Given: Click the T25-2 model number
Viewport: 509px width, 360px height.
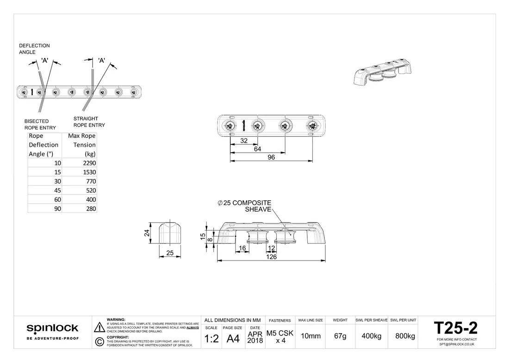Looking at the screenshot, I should [x=456, y=328].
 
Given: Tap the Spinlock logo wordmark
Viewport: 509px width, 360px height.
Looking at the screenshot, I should [x=52, y=329].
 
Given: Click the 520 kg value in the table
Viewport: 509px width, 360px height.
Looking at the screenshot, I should [x=91, y=190].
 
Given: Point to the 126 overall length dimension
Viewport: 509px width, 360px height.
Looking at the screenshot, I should [x=272, y=257].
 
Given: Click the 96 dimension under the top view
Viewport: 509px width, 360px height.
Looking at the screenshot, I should [x=271, y=157].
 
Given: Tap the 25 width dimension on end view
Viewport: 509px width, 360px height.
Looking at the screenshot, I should [x=169, y=253].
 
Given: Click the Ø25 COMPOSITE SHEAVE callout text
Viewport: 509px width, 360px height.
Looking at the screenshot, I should [x=245, y=206].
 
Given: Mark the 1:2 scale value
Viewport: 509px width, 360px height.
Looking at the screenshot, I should [x=211, y=339].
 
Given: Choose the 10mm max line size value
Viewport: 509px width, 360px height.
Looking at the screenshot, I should [x=310, y=336].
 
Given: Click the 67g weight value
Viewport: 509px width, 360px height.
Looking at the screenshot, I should [x=340, y=336].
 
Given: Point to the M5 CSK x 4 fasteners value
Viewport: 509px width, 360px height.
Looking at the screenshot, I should [x=280, y=336].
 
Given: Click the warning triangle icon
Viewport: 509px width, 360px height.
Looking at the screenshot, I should [x=99, y=327].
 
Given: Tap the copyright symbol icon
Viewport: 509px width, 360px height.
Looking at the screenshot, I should [x=99, y=341].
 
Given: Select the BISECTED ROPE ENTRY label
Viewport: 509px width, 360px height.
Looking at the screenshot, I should [x=40, y=124].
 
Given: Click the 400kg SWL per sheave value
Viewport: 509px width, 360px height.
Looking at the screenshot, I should [x=371, y=336].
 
